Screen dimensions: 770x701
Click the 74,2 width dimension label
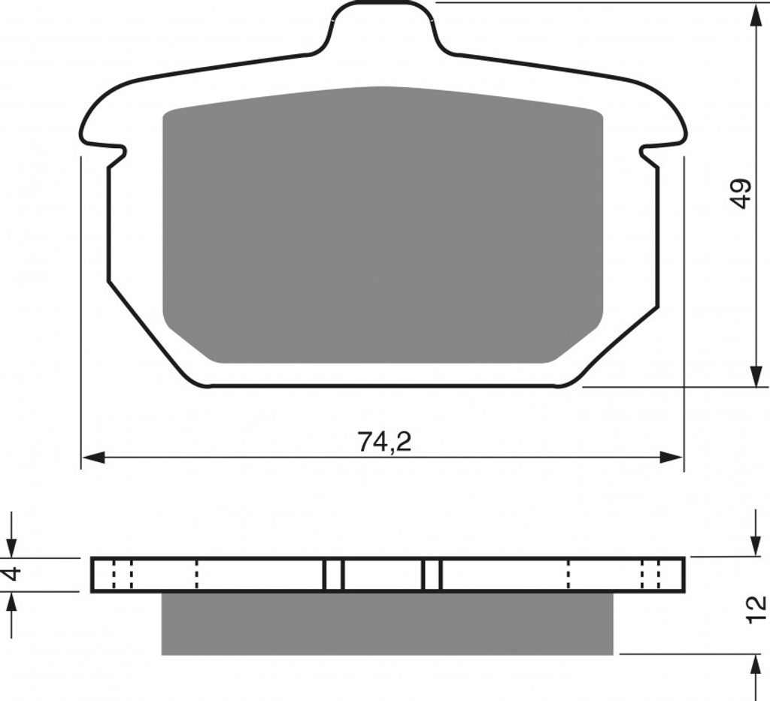(x=384, y=441)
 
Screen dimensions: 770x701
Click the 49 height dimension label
(x=741, y=193)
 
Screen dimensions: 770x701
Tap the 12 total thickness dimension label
(x=756, y=609)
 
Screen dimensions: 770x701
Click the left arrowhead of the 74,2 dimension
(x=94, y=458)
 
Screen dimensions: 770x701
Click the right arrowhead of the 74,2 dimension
(x=671, y=458)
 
